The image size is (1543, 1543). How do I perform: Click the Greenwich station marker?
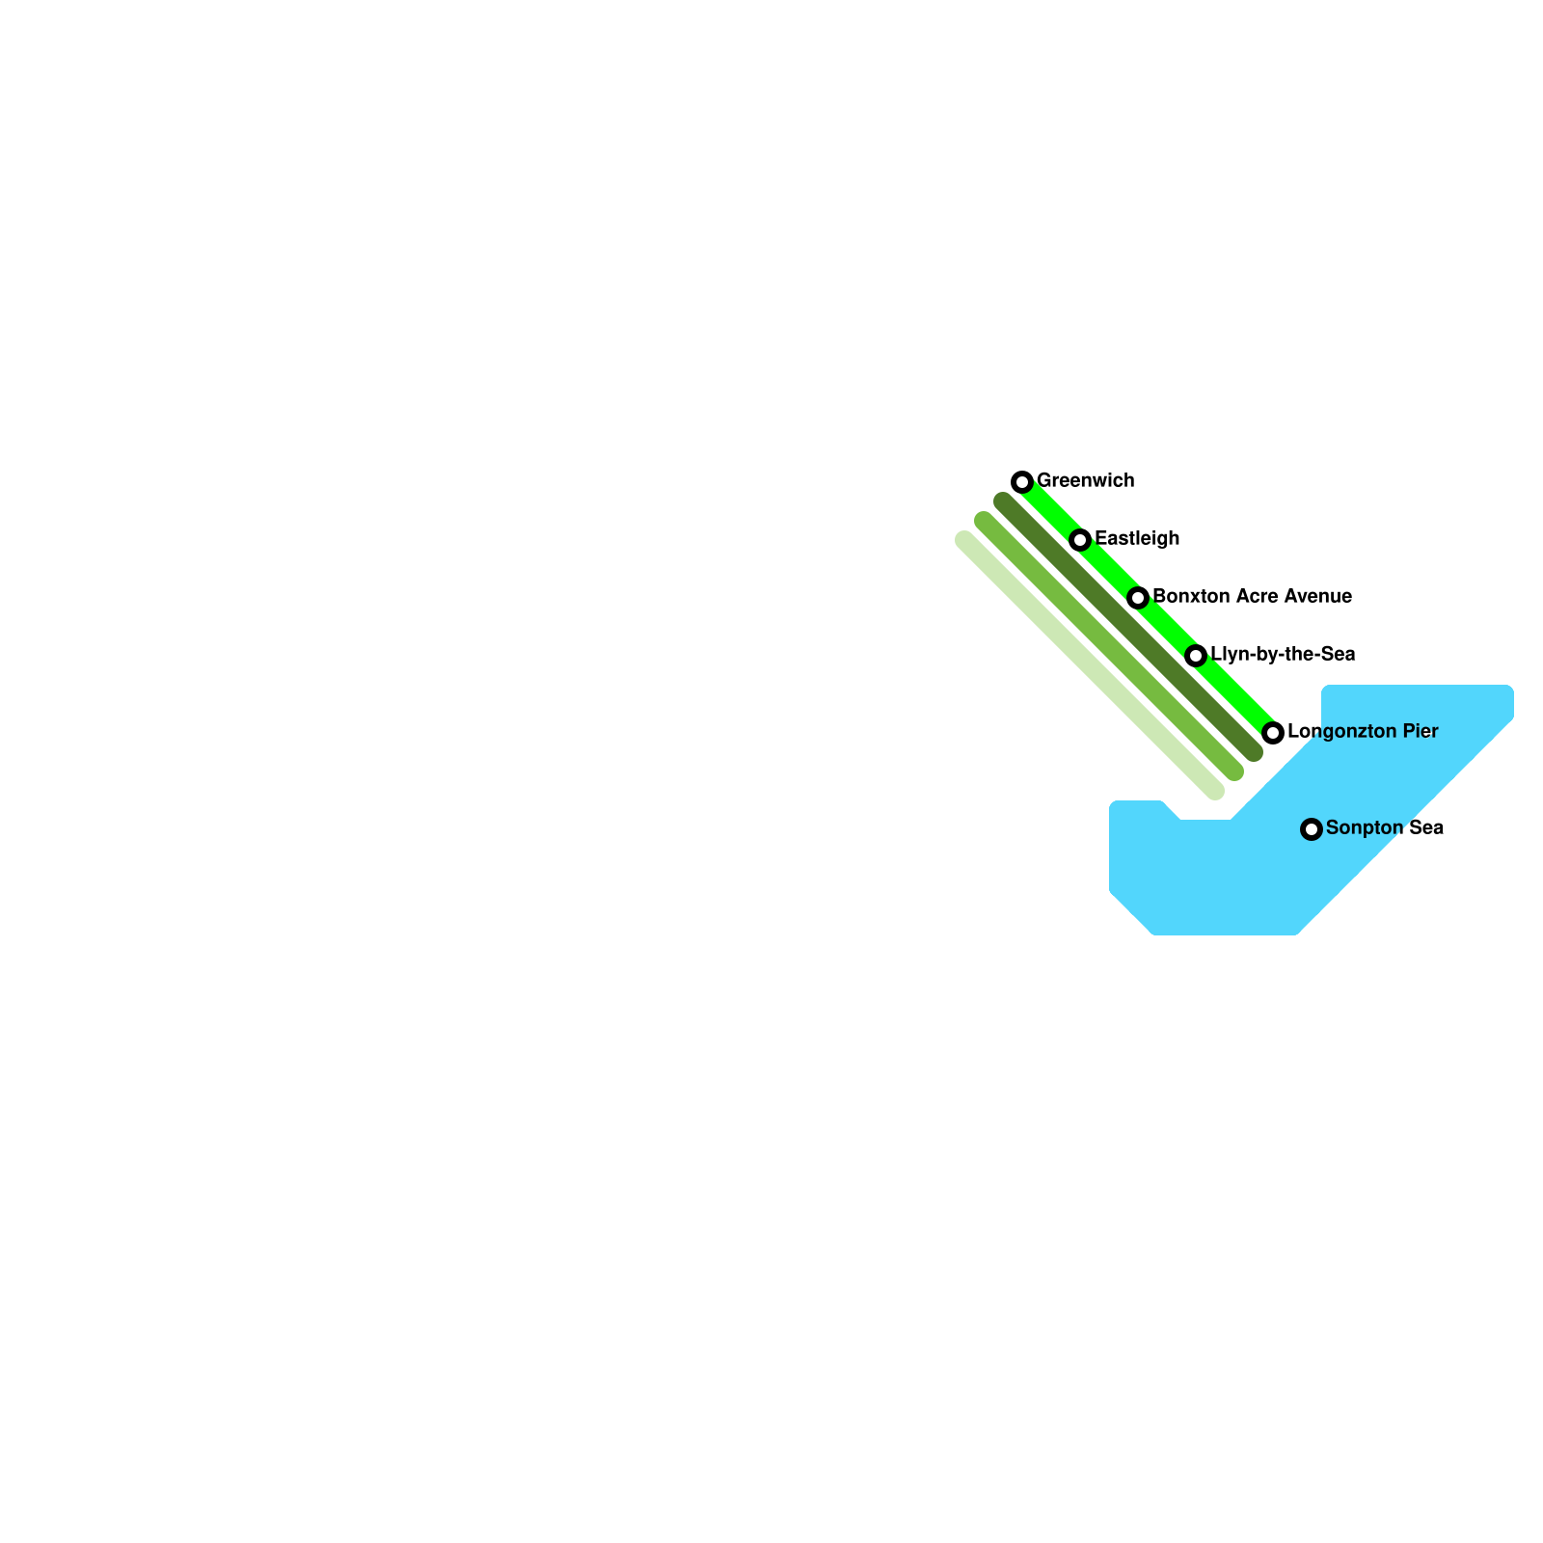(1022, 481)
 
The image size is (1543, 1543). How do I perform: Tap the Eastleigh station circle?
(1080, 539)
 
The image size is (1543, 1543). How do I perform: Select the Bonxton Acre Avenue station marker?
(1138, 597)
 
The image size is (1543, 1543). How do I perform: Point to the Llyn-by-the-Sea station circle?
(1196, 656)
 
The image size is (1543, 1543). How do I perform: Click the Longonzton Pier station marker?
(1273, 732)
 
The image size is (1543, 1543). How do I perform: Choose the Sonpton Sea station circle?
(1312, 828)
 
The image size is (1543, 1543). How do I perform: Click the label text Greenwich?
(1085, 480)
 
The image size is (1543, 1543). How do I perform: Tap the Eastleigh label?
(1137, 538)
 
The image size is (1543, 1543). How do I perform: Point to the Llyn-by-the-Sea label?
(1283, 654)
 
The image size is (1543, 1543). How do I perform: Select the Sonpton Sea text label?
(1384, 827)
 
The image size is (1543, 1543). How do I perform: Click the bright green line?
(1167, 627)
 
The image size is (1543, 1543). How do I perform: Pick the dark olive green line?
(1128, 627)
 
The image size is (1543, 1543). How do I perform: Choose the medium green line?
(1109, 646)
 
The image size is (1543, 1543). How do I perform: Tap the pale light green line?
(1090, 665)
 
